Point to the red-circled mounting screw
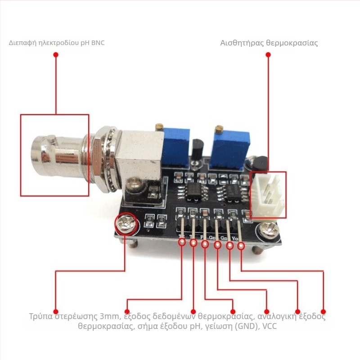pyautogui.click(x=126, y=223)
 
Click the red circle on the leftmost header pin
pyautogui.click(x=182, y=242)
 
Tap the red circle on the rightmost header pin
pyautogui.click(x=241, y=246)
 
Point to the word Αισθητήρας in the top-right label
pyautogui.click(x=236, y=43)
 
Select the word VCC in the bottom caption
pyautogui.click(x=270, y=325)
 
